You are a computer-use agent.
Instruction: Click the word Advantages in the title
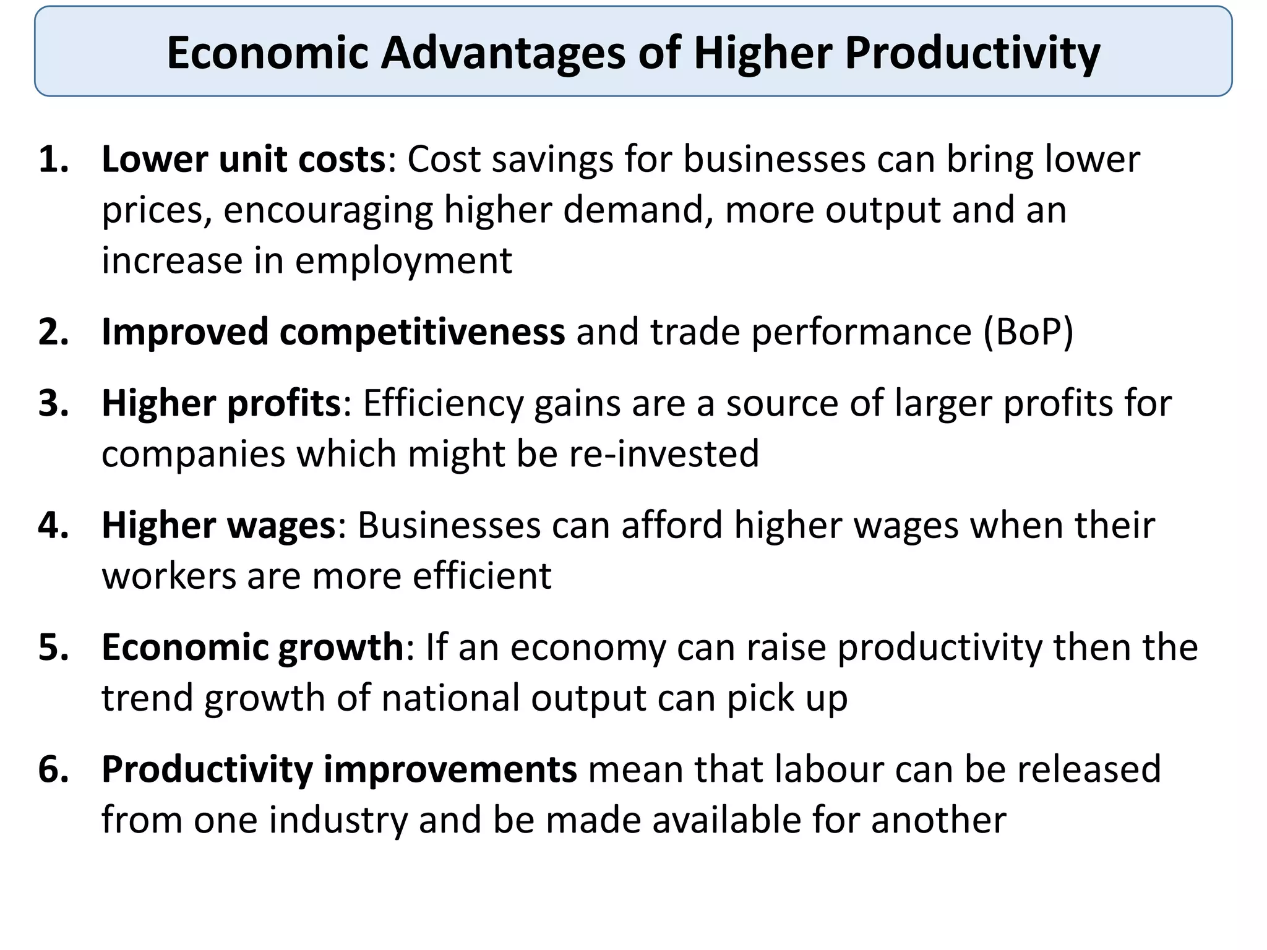(504, 53)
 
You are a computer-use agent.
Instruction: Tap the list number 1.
(53, 160)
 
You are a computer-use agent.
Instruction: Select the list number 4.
(53, 526)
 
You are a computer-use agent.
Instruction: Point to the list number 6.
(53, 769)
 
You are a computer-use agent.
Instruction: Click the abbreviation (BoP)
(1028, 332)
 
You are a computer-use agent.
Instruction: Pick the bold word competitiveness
(422, 332)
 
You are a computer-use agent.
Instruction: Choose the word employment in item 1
(403, 261)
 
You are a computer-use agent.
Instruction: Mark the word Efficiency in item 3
(442, 403)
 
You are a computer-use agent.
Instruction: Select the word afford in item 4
(672, 526)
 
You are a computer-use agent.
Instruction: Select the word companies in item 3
(193, 453)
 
